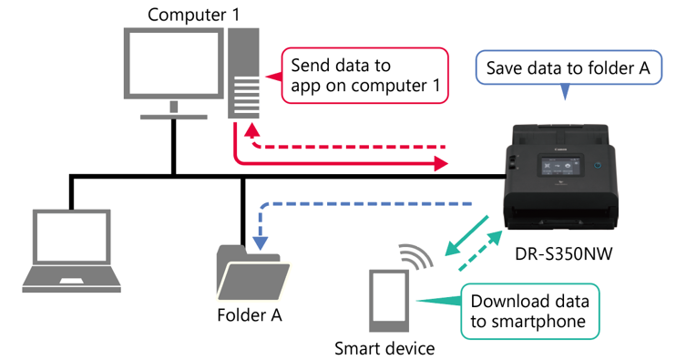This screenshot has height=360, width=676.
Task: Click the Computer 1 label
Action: click(193, 15)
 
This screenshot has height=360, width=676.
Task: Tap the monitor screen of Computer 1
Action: click(174, 63)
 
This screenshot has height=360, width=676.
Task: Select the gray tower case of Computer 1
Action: click(243, 73)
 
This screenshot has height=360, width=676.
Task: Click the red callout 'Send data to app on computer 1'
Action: click(364, 76)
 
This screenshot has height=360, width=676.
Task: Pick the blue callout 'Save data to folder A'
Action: click(568, 68)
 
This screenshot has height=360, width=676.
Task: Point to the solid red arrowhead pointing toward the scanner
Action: click(441, 163)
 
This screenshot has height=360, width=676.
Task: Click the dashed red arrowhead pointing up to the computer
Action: click(251, 129)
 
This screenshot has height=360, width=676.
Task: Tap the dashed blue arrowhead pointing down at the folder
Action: click(260, 243)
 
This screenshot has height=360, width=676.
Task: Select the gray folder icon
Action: click(252, 273)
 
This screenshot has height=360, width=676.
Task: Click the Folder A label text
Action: click(250, 315)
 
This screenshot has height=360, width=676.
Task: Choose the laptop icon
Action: click(72, 251)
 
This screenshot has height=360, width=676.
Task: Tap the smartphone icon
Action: click(389, 301)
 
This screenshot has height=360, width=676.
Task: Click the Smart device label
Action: click(384, 348)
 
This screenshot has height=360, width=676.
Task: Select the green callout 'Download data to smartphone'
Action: click(530, 312)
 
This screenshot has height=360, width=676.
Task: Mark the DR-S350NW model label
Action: click(563, 253)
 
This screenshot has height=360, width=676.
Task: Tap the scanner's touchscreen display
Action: click(560, 166)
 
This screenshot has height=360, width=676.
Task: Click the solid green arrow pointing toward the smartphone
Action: click(466, 235)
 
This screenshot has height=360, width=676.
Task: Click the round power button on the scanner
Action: click(597, 165)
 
